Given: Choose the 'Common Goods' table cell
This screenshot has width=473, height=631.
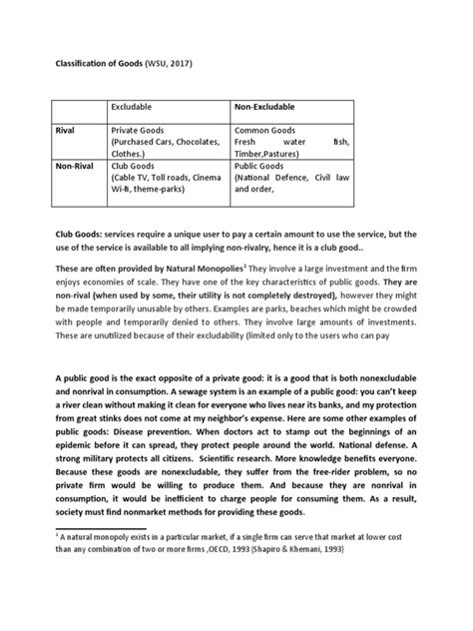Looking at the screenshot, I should coord(265,130).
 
